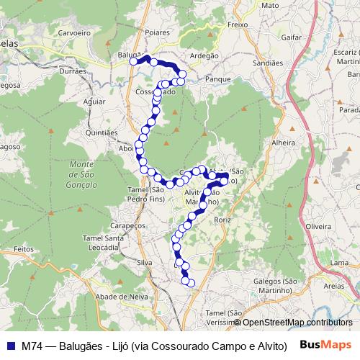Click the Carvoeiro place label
click(73, 33)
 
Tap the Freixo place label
click(237, 24)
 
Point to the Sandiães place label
click(268, 63)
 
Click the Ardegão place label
click(204, 56)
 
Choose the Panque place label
click(217, 79)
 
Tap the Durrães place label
click(73, 71)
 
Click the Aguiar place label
click(94, 102)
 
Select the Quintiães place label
click(101, 132)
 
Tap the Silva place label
click(145, 263)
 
